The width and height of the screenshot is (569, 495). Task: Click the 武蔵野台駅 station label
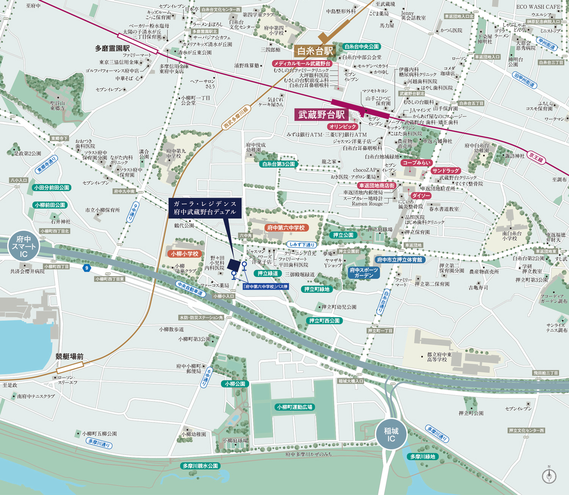pos(321,115)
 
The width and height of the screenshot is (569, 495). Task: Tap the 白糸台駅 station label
pos(315,51)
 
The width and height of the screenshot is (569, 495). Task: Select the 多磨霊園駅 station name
pos(112,48)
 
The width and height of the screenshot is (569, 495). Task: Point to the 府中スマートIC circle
pos(24,247)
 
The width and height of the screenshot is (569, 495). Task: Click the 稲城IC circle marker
pos(391,435)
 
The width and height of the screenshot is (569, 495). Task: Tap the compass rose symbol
pos(549,476)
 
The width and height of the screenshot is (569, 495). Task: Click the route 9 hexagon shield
pos(87,268)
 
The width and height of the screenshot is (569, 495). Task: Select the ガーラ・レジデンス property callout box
pos(205,208)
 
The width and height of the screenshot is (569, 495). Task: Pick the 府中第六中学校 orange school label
pos(286,228)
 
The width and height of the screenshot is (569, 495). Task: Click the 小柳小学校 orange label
pos(184,254)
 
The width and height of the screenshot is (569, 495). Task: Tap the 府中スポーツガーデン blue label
pos(364,273)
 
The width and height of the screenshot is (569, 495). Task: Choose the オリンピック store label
pos(343,127)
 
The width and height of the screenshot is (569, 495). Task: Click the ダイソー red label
pos(421,196)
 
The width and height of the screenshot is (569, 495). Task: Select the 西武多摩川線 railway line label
pos(236,118)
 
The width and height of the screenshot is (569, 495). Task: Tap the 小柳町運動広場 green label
pos(294,407)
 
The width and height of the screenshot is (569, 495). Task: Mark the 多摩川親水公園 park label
pos(200,466)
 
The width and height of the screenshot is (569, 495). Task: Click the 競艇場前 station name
pos(69,356)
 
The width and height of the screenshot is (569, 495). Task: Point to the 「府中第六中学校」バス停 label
pos(266,286)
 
